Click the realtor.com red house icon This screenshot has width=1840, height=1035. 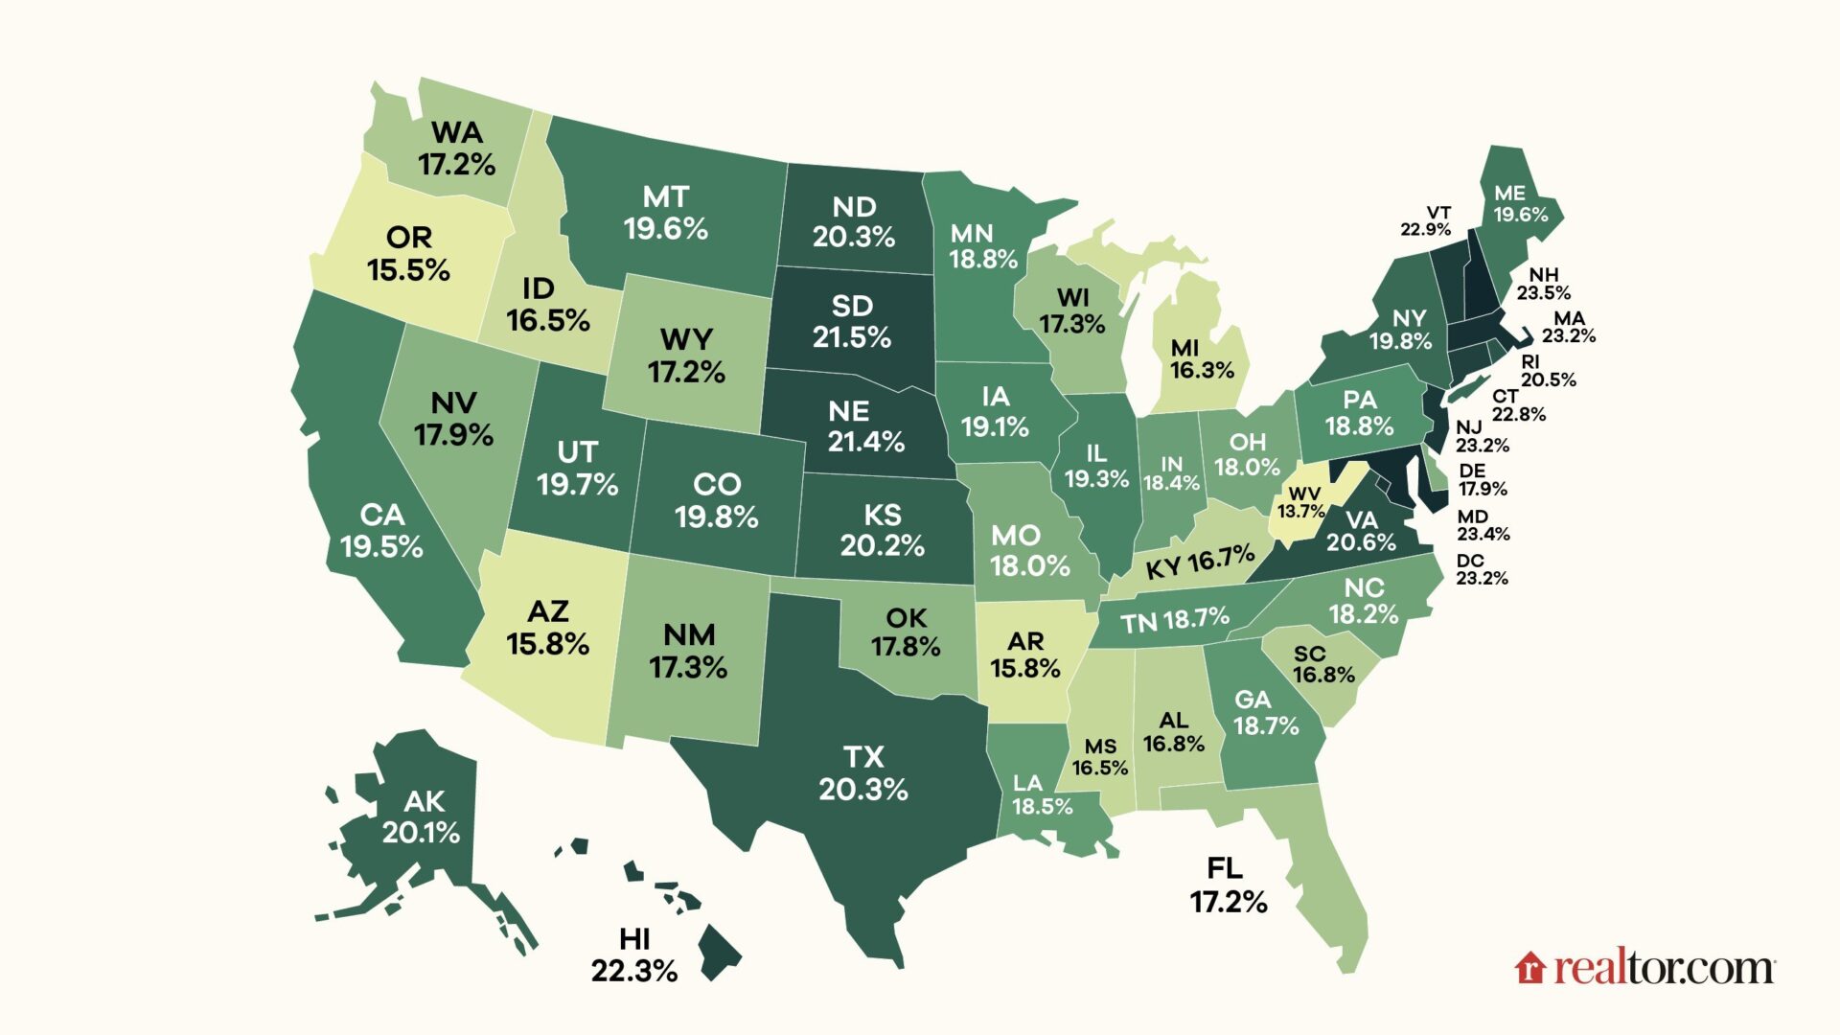pos(1530,968)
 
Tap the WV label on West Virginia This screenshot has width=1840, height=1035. pos(1304,493)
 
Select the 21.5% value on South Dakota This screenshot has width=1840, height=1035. pos(852,337)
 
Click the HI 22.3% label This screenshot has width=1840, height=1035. pos(634,955)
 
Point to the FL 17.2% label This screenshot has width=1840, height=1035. pos(1228,885)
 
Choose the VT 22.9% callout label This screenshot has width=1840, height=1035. pos(1426,221)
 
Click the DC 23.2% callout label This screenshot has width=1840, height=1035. pos(1482,569)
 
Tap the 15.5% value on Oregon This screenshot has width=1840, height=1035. pos(408,270)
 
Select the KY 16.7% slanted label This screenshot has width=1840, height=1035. pos(1200,563)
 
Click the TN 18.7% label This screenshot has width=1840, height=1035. pos(1175,621)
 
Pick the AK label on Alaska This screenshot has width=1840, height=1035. pos(424,801)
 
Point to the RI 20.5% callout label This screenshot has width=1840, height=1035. pos(1547,371)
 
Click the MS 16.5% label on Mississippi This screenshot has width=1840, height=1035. pos(1099,757)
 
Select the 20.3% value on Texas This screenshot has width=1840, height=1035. pos(862,790)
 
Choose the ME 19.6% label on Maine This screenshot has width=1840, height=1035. pos(1520,204)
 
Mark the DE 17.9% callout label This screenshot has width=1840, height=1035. pos(1482,479)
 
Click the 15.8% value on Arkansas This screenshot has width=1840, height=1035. pos(1024,668)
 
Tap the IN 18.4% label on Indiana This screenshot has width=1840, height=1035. pos(1171,473)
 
